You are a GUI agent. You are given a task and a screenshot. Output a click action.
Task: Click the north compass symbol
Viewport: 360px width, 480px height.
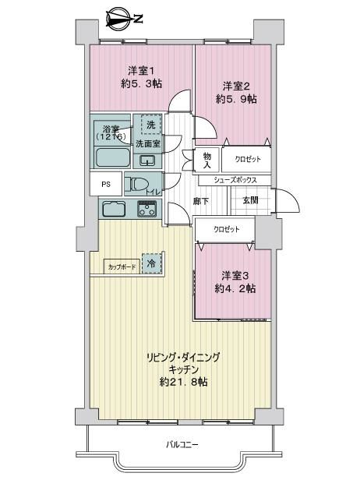tap(121, 19)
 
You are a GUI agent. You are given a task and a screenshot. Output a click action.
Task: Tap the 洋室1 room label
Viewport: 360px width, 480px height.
tap(141, 72)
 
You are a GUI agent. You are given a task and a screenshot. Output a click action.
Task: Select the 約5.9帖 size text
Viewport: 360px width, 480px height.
tap(236, 99)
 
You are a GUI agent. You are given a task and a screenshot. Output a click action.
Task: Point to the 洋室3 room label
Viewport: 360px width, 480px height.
tap(235, 276)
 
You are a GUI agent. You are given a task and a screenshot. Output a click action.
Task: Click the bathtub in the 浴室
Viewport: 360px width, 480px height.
tap(112, 157)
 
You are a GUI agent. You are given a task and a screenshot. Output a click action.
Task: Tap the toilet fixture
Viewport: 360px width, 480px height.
tap(136, 185)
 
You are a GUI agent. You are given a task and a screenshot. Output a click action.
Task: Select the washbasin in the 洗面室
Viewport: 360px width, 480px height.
tap(148, 161)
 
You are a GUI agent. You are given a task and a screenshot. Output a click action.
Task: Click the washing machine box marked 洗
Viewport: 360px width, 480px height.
tap(151, 125)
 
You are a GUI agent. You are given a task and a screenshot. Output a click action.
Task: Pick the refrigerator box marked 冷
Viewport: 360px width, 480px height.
tap(151, 263)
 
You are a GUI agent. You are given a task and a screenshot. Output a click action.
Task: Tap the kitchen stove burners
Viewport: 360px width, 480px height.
tap(146, 209)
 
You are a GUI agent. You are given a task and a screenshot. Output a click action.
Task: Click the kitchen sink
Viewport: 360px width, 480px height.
tap(114, 209)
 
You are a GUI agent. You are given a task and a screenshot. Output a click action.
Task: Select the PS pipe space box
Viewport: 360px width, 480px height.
tap(106, 184)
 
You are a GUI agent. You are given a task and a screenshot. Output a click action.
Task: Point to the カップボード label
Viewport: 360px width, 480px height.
tap(122, 267)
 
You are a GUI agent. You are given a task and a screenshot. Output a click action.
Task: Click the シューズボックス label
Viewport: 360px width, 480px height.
tap(235, 180)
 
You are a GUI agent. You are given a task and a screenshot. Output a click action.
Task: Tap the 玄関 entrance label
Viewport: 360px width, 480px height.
tap(250, 200)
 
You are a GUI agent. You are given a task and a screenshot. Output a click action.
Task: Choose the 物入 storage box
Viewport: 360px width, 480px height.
tap(207, 160)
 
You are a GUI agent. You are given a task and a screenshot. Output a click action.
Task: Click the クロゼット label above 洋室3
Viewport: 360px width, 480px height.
tap(227, 229)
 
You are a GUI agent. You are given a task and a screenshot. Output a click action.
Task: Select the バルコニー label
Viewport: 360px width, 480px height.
tap(182, 444)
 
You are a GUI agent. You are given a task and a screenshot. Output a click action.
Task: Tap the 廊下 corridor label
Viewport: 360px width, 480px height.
tap(201, 201)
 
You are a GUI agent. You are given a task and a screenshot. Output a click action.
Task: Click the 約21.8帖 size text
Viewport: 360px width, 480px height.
tap(183, 382)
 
